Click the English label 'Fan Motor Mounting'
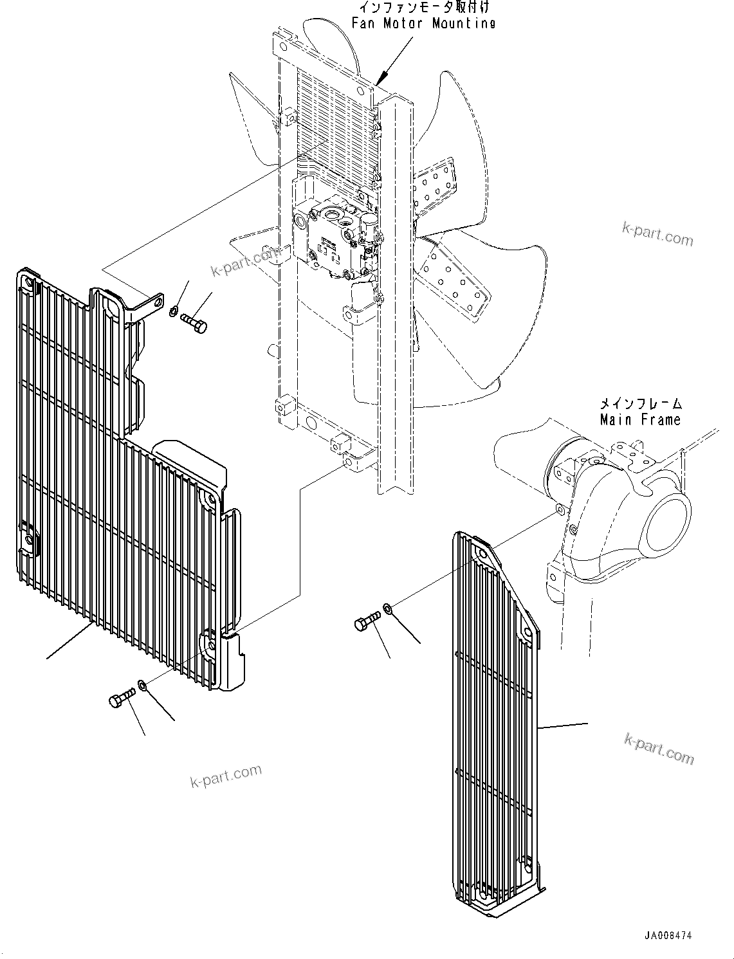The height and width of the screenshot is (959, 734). (423, 23)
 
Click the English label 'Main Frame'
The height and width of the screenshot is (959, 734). (639, 420)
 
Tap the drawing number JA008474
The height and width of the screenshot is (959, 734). (668, 936)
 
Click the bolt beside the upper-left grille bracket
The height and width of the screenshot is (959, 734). (194, 322)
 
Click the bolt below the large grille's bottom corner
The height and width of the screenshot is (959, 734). (122, 697)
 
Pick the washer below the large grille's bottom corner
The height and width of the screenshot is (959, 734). (143, 687)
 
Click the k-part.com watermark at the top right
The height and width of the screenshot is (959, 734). (657, 235)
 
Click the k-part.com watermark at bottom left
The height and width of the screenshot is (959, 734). (226, 776)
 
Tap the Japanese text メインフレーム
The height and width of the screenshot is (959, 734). (639, 404)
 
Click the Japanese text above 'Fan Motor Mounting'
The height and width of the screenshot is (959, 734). (423, 8)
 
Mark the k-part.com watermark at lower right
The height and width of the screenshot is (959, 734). (659, 749)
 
